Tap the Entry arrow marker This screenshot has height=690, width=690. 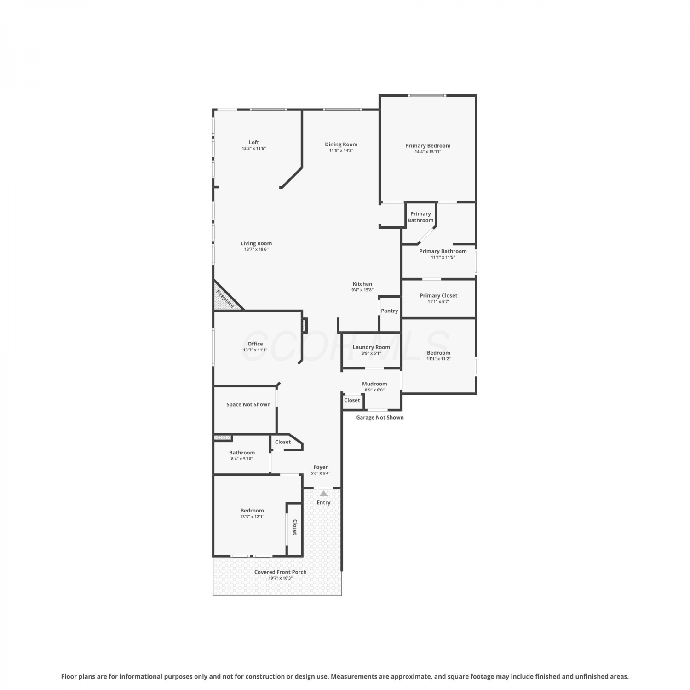click(323, 493)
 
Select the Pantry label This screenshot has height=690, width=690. click(389, 311)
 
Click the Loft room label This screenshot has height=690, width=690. click(254, 143)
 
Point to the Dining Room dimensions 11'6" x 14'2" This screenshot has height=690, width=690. click(341, 150)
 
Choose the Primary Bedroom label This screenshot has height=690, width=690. click(428, 146)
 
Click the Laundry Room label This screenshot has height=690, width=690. click(371, 347)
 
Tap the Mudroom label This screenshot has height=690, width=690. click(374, 384)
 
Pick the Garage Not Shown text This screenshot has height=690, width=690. click(380, 418)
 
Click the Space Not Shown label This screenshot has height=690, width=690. click(248, 405)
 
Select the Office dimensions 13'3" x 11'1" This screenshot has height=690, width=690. click(255, 350)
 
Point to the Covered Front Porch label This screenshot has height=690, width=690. click(280, 572)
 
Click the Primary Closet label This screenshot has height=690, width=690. click(438, 296)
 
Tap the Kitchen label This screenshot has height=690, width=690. click(362, 284)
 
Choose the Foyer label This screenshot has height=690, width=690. click(321, 467)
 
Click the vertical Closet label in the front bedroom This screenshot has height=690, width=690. click(295, 527)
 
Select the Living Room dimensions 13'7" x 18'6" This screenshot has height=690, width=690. click(256, 250)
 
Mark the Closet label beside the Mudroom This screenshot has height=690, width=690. click(352, 401)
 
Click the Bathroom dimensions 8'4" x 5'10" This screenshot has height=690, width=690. click(242, 459)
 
